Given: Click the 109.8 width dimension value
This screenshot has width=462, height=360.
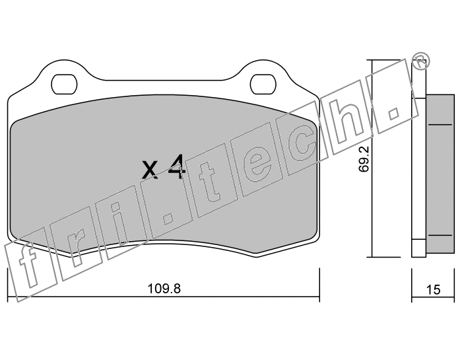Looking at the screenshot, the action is coord(164,289).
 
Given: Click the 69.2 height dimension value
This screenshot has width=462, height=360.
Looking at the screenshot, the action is coord(364,159).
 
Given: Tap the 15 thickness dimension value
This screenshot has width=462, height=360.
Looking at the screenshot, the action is coord(433,289).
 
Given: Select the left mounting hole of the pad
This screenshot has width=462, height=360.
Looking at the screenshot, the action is coord(64,85).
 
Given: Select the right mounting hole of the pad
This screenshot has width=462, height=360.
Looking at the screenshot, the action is coord(264,85).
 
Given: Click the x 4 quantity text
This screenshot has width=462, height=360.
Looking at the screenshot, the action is coord(164,167).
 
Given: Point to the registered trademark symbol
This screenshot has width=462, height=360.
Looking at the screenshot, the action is coord(420,61).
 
